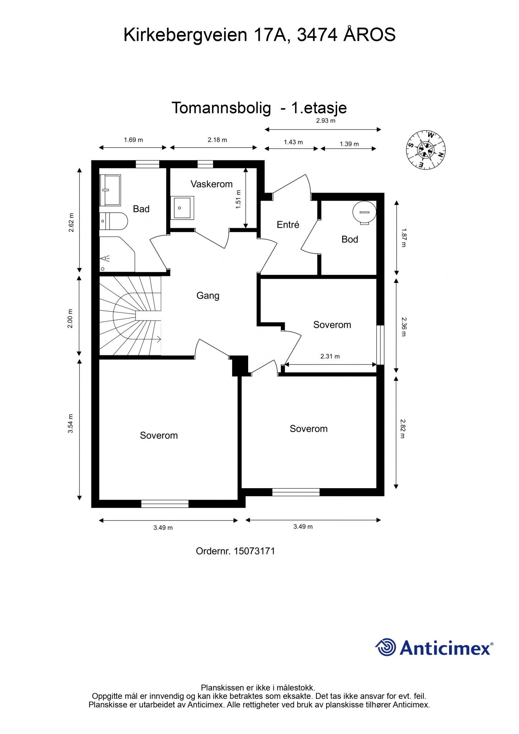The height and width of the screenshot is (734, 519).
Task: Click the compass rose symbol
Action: [426, 149]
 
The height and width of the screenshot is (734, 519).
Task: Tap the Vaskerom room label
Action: [212, 184]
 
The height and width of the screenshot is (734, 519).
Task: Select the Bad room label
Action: [141, 209]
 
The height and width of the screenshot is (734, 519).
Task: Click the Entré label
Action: [288, 224]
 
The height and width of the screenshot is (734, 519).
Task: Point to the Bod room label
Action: [350, 239]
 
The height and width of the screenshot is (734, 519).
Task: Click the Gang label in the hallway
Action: [208, 296]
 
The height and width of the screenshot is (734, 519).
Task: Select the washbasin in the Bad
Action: [110, 190]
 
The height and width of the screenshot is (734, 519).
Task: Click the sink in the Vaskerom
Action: [182, 208]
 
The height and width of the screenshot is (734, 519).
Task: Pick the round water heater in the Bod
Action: [364, 213]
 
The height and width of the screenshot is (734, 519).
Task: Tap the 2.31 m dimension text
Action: [330, 356]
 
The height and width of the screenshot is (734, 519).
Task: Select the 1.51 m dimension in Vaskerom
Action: [239, 200]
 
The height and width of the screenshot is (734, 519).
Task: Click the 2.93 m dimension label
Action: [326, 121]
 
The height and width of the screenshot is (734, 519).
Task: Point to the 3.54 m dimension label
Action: [71, 424]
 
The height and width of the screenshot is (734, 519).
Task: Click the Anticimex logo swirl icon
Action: [386, 647]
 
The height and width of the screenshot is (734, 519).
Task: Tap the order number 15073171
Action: [254, 551]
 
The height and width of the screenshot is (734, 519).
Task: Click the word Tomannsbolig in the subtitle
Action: [221, 108]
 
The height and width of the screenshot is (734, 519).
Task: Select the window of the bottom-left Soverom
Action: [165, 504]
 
